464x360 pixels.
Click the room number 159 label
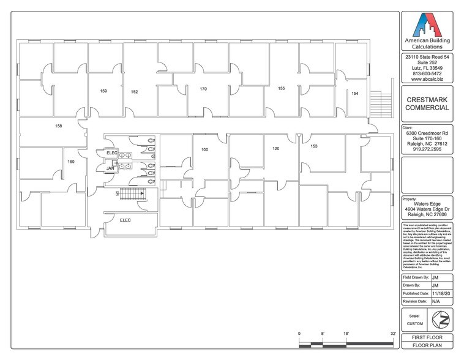(103, 91)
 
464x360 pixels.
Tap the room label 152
(134, 92)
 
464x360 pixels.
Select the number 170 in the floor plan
(203, 89)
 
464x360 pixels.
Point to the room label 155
(281, 89)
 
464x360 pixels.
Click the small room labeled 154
(354, 93)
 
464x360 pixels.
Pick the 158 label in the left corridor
(59, 126)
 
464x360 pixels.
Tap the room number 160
(71, 162)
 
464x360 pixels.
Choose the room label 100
(204, 149)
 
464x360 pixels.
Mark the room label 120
(275, 149)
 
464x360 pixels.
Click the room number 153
(313, 146)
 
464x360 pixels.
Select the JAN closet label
(111, 168)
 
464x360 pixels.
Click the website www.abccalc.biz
(427, 79)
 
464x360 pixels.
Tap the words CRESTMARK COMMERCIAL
(427, 103)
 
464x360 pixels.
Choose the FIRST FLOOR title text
(427, 338)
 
